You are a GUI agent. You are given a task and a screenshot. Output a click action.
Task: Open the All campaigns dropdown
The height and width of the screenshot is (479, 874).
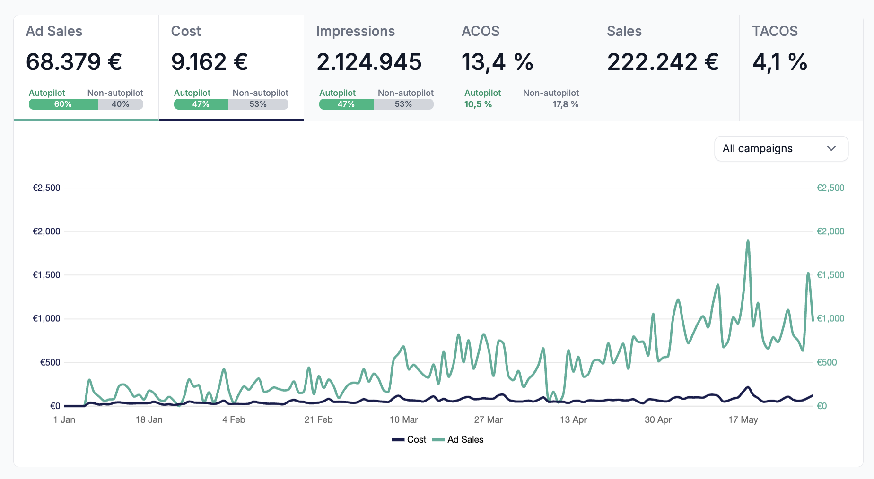[x=781, y=149]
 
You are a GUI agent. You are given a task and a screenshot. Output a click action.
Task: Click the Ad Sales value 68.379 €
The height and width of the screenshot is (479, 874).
[x=74, y=62]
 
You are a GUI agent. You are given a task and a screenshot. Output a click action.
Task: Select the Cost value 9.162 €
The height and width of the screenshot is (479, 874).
[x=210, y=62]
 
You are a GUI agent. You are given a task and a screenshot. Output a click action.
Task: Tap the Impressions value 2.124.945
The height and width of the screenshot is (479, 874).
[x=369, y=62]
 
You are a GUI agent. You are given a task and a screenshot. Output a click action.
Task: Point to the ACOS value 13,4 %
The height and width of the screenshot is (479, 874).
[x=498, y=62]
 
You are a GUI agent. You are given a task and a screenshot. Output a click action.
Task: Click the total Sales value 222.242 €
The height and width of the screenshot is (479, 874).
[x=663, y=62]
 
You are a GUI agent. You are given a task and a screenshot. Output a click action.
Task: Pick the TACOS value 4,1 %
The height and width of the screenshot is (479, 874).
[x=780, y=62]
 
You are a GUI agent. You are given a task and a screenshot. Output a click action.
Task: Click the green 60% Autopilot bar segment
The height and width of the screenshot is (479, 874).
[x=63, y=104]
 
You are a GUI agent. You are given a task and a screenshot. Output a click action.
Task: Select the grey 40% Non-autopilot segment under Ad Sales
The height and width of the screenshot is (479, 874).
[x=121, y=104]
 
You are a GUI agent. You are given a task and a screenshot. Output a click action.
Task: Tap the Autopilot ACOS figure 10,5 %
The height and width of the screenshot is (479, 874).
[x=478, y=104]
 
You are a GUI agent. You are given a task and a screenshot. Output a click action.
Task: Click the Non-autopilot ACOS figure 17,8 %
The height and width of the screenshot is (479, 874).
[x=566, y=104]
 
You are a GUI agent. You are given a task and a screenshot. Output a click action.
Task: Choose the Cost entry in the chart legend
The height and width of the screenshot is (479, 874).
[x=409, y=439]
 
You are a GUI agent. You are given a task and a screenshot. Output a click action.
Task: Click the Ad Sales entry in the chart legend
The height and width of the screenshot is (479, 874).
[x=458, y=439]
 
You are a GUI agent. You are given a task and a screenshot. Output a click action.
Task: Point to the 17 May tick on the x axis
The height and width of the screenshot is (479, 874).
[x=743, y=419]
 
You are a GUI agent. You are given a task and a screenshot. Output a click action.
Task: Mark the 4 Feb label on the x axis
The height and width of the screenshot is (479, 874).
[x=234, y=419]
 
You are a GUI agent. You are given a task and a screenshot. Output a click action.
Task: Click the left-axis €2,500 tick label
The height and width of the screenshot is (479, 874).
[x=46, y=188]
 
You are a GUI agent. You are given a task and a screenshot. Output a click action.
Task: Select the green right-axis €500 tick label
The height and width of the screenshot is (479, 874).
[x=827, y=362]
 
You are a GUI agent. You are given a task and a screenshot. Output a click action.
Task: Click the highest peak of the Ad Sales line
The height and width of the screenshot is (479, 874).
[x=748, y=241]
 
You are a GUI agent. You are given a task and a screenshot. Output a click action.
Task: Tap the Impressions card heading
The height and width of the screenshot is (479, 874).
[x=356, y=31]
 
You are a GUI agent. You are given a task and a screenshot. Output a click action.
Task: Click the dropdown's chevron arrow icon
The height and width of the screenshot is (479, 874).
[x=831, y=149]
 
